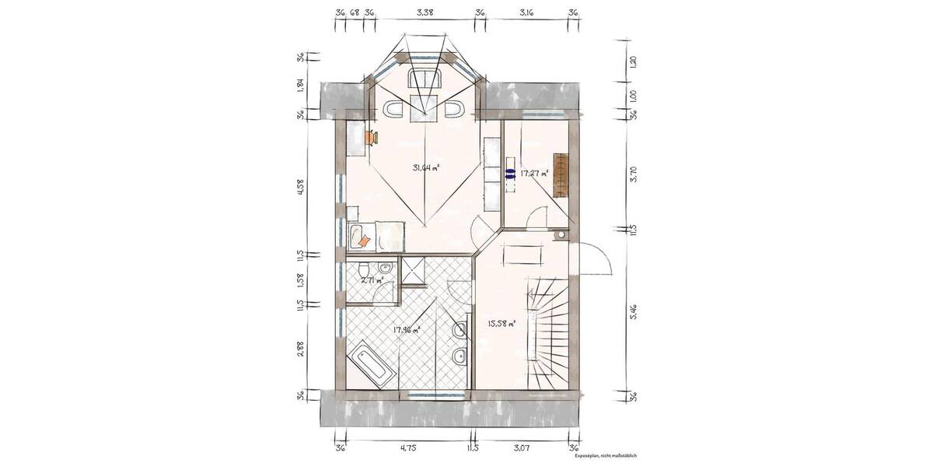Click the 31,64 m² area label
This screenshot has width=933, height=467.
point(426,167)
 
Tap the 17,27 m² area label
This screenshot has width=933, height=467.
point(534,173)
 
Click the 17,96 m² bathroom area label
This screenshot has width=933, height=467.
point(407,330)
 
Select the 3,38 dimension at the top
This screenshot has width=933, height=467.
point(425,12)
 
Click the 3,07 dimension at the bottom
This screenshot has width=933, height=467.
point(522,448)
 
